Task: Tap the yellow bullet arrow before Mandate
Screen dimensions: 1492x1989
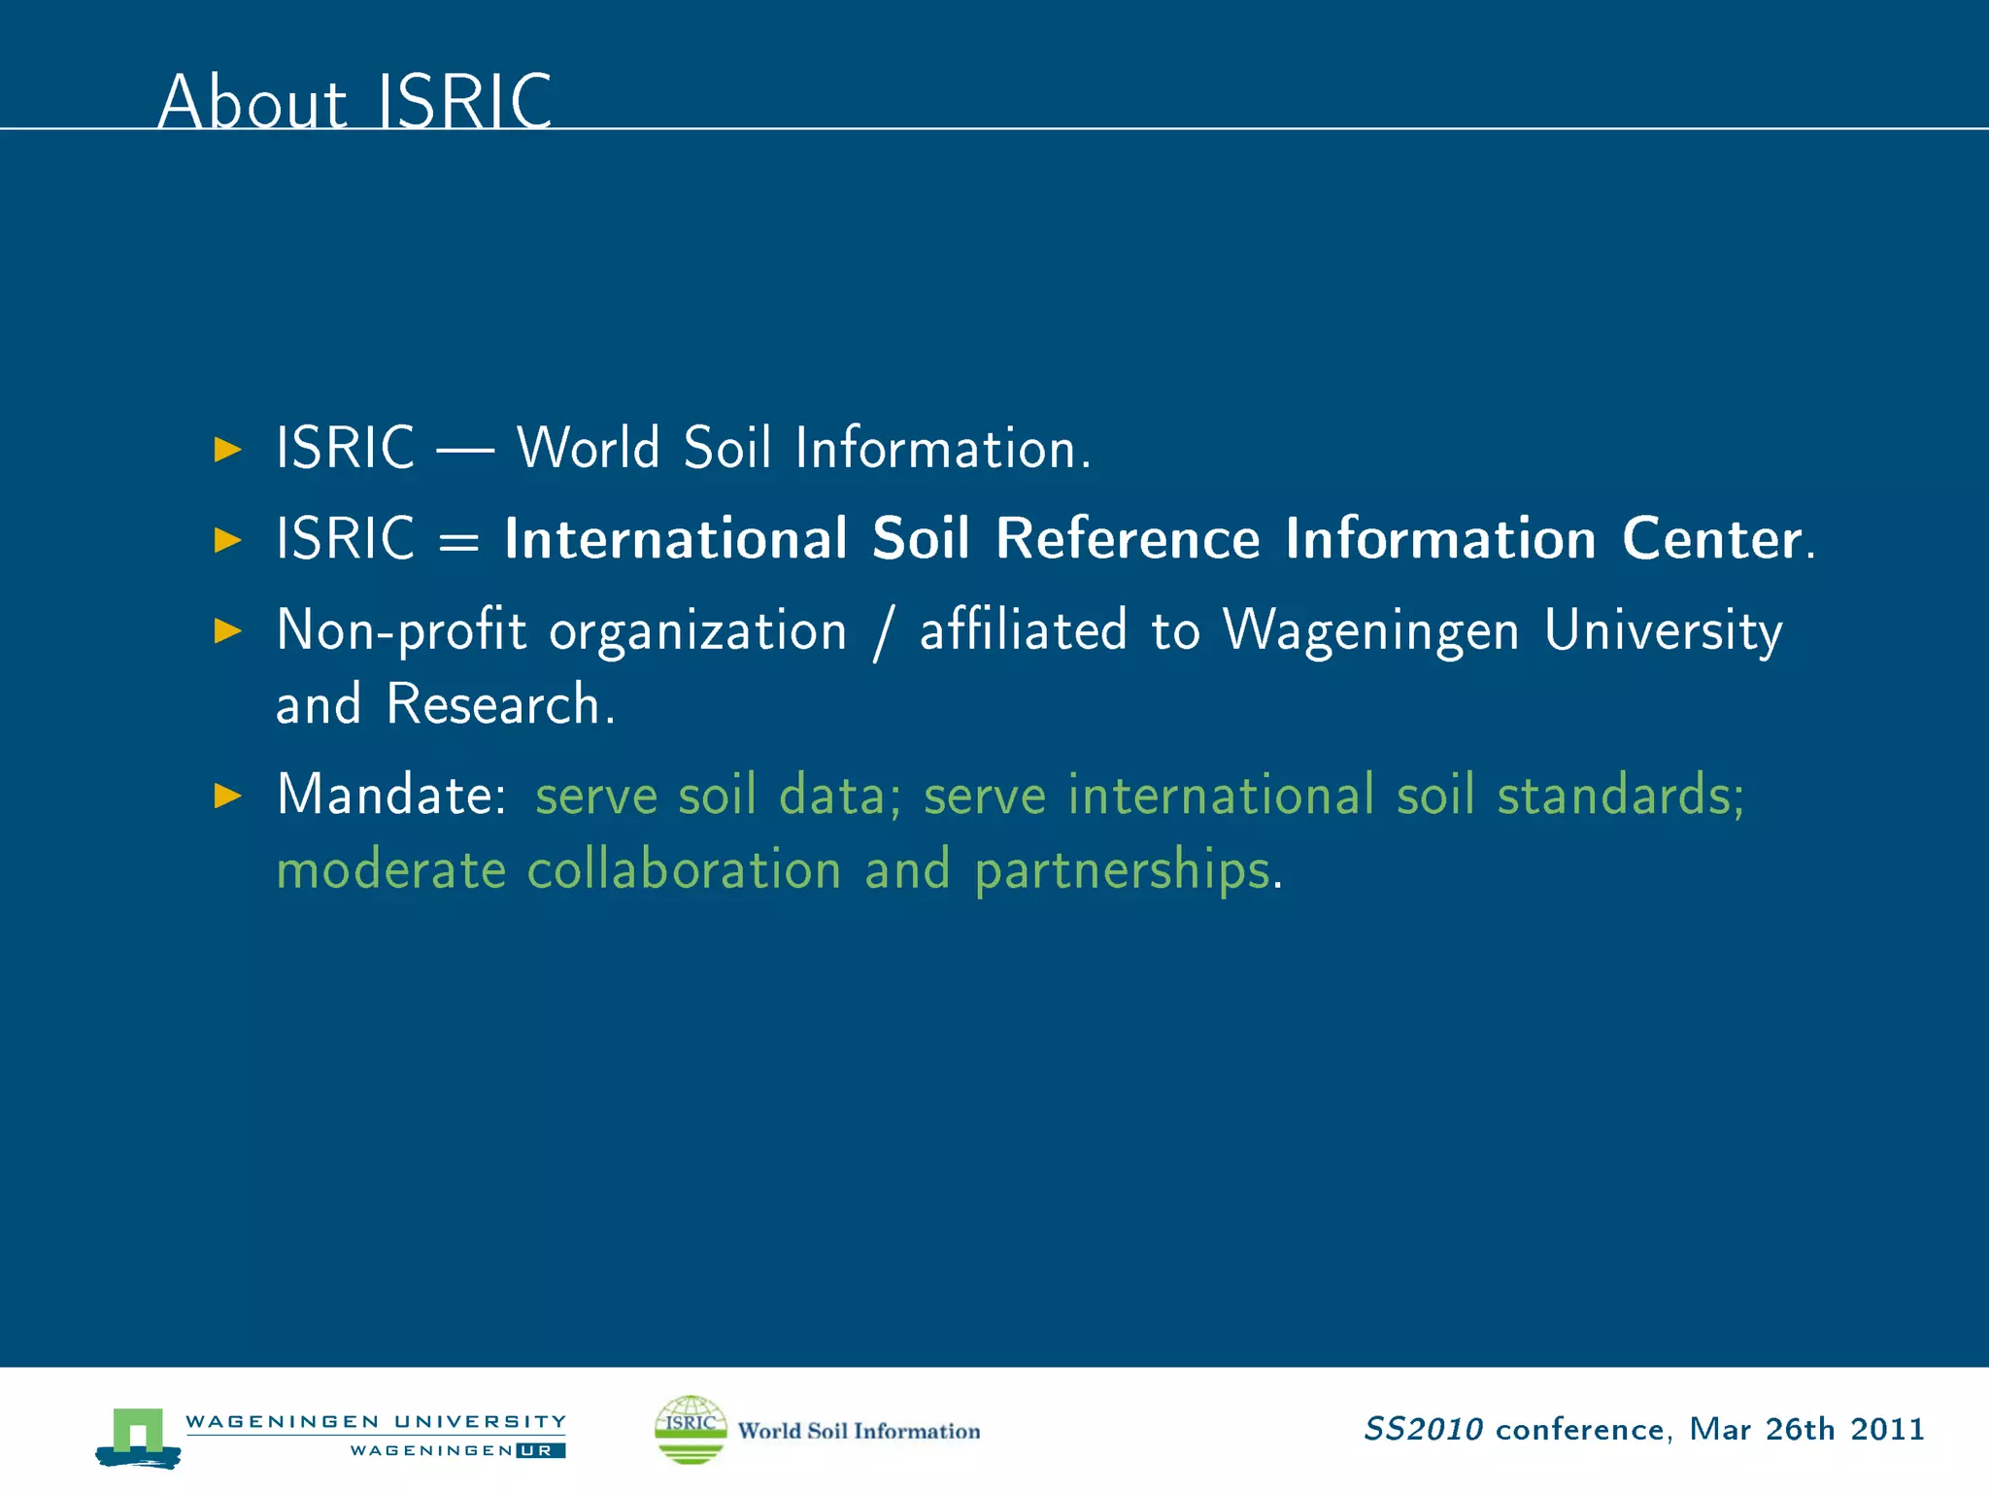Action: click(227, 796)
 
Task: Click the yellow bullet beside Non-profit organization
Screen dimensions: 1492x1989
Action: click(227, 630)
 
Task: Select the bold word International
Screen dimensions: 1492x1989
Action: click(676, 538)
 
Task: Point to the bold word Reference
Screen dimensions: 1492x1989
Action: click(1128, 538)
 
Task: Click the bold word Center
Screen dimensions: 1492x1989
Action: click(1711, 538)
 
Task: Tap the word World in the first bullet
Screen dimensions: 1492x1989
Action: click(588, 448)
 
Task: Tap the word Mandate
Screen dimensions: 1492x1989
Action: click(386, 795)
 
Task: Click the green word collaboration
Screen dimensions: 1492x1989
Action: click(684, 868)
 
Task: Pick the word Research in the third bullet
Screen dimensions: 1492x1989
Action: click(493, 704)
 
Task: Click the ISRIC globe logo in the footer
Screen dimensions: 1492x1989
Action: click(691, 1429)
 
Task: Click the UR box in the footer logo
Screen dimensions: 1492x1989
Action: click(541, 1450)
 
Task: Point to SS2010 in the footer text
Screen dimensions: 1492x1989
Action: click(1423, 1429)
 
